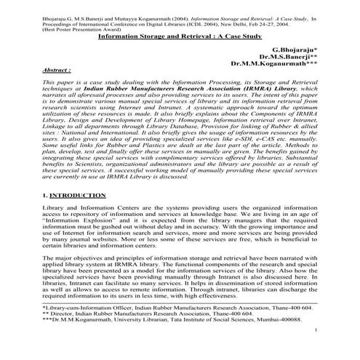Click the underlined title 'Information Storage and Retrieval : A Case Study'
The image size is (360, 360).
[178, 35]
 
